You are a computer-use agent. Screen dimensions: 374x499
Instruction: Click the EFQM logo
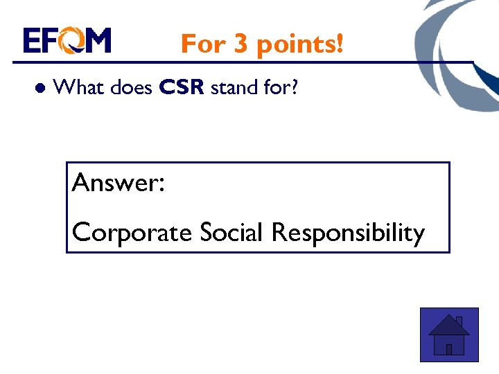(67, 41)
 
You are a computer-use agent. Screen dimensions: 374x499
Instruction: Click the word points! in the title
(299, 44)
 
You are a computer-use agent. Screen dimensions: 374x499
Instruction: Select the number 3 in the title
(240, 44)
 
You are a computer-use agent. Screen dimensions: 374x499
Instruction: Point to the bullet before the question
(40, 89)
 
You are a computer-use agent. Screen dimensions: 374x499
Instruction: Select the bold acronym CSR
(182, 88)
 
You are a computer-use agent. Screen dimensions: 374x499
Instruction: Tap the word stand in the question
(233, 87)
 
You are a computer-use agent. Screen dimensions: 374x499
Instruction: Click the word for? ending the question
(280, 87)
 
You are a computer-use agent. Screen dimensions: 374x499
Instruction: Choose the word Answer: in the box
(118, 183)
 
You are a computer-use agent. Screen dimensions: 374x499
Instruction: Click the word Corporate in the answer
(132, 233)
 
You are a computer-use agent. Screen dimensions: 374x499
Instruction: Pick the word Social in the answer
(232, 232)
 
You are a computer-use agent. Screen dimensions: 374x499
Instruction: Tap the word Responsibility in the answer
(348, 233)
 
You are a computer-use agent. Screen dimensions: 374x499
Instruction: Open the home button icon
(449, 335)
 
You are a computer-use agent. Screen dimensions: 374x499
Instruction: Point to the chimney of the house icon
(459, 321)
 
